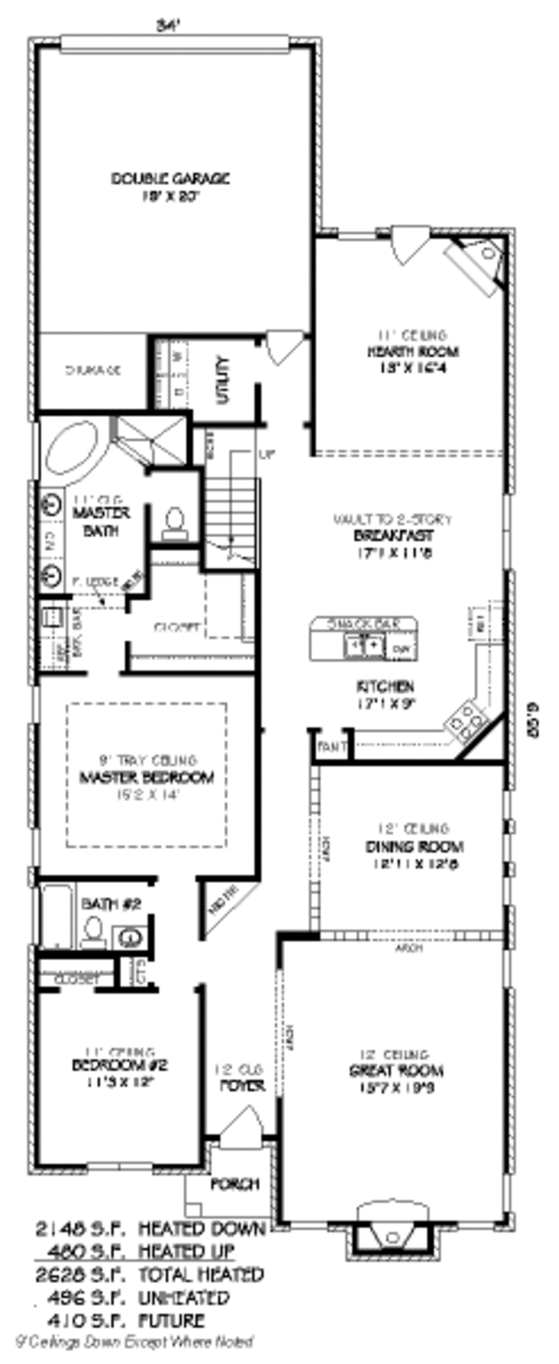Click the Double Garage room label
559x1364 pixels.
[x=170, y=178]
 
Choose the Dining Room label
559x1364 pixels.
[x=414, y=847]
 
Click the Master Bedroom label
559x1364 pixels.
[x=147, y=777]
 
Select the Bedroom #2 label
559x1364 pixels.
[x=119, y=1065]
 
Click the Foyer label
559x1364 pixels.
[x=242, y=1086]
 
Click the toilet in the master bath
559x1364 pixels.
[x=174, y=524]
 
